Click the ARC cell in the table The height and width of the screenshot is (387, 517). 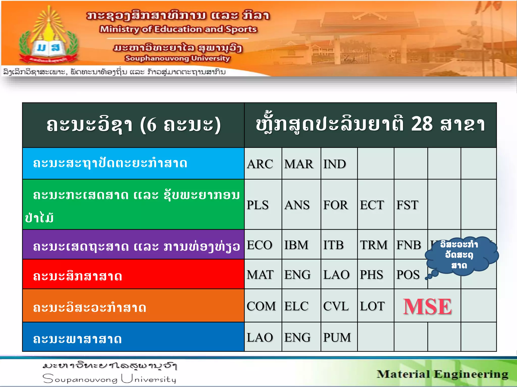[260, 164]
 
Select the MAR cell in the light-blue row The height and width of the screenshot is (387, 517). [299, 164]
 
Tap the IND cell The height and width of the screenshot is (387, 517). [335, 164]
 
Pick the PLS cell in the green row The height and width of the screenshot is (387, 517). [258, 205]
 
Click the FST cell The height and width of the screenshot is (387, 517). [407, 205]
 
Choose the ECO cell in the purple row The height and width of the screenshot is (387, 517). [260, 245]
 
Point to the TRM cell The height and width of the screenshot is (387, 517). [374, 245]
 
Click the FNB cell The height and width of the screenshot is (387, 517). [409, 245]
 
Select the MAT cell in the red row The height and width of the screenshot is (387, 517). [260, 275]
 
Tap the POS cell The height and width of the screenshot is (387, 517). [408, 275]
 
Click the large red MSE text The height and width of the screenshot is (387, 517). [427, 307]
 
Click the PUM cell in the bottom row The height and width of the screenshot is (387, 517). [337, 337]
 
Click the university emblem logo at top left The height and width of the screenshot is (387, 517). [48, 38]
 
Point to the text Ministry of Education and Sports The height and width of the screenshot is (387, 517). [178, 29]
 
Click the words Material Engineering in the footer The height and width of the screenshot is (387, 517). [442, 374]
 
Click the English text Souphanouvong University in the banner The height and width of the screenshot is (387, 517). [177, 58]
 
